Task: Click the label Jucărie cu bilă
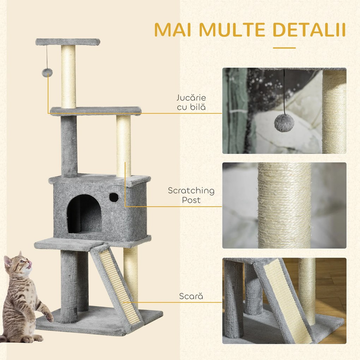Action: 191,102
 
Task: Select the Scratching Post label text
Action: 191,195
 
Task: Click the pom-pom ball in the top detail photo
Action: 284,122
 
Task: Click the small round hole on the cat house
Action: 114,197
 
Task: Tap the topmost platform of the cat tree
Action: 68,42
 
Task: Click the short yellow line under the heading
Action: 284,48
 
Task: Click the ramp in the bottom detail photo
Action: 288,300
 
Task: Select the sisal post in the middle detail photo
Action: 284,205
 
